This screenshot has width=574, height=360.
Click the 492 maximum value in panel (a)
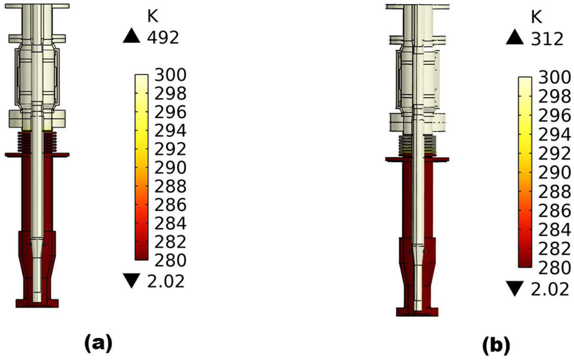point(163,38)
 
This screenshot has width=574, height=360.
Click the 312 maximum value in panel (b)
point(547,39)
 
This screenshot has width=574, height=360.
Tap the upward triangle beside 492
point(132,35)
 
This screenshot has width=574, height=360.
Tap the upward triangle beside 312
point(515,37)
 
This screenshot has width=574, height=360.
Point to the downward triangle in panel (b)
point(515,289)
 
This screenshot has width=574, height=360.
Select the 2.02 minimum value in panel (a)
point(166,281)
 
